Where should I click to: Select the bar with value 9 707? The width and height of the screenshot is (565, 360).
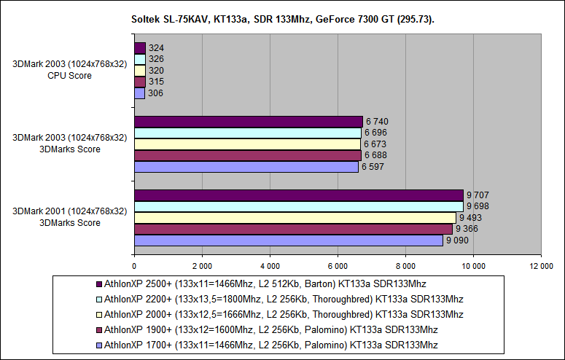(x=299, y=195)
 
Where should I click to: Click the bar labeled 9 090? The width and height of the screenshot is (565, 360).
(x=289, y=240)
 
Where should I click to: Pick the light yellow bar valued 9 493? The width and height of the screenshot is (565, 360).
(x=295, y=217)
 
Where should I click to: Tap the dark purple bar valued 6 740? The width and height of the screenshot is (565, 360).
(x=249, y=121)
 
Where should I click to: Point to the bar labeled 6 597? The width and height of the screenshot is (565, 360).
(x=246, y=166)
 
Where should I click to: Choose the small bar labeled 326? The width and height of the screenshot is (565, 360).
(x=140, y=59)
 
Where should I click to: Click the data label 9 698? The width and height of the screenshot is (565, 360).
(x=478, y=206)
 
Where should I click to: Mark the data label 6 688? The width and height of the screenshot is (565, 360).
(x=376, y=155)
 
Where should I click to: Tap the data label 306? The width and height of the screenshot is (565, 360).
(x=155, y=93)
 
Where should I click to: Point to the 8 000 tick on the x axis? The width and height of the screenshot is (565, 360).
(x=405, y=266)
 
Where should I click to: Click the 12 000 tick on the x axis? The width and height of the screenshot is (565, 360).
(x=540, y=266)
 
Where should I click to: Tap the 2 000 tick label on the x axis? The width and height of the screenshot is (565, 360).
(x=202, y=266)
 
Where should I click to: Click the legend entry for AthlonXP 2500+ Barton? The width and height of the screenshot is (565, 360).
(x=265, y=283)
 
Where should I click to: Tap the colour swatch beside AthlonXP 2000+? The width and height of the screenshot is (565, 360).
(x=99, y=314)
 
